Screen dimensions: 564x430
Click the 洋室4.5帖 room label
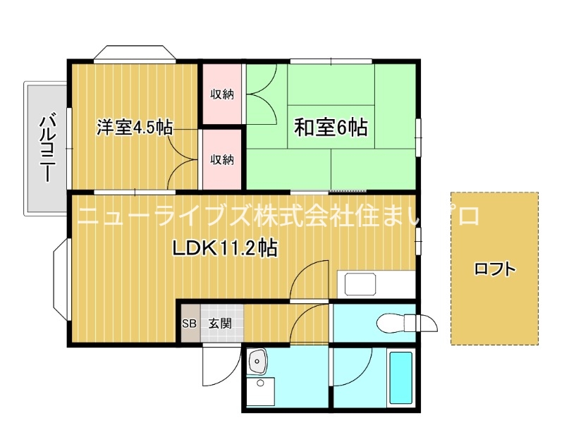click(135, 128)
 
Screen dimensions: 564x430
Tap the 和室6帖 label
click(331, 128)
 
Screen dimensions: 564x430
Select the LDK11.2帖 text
click(225, 247)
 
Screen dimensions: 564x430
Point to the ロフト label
click(495, 269)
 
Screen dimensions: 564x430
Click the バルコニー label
click(48, 147)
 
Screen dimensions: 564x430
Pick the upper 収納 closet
click(222, 94)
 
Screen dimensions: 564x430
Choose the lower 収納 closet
click(222, 159)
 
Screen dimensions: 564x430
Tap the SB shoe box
click(189, 324)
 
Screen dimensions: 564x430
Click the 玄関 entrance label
click(220, 324)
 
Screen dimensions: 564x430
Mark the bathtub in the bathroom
click(401, 378)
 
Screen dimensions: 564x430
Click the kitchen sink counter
click(376, 284)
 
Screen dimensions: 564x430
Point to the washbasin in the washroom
click(257, 362)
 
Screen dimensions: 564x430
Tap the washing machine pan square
click(261, 391)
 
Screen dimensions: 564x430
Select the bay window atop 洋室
click(135, 54)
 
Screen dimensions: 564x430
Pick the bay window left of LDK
click(61, 279)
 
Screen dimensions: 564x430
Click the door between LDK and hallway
click(309, 279)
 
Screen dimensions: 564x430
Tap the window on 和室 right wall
click(418, 137)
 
